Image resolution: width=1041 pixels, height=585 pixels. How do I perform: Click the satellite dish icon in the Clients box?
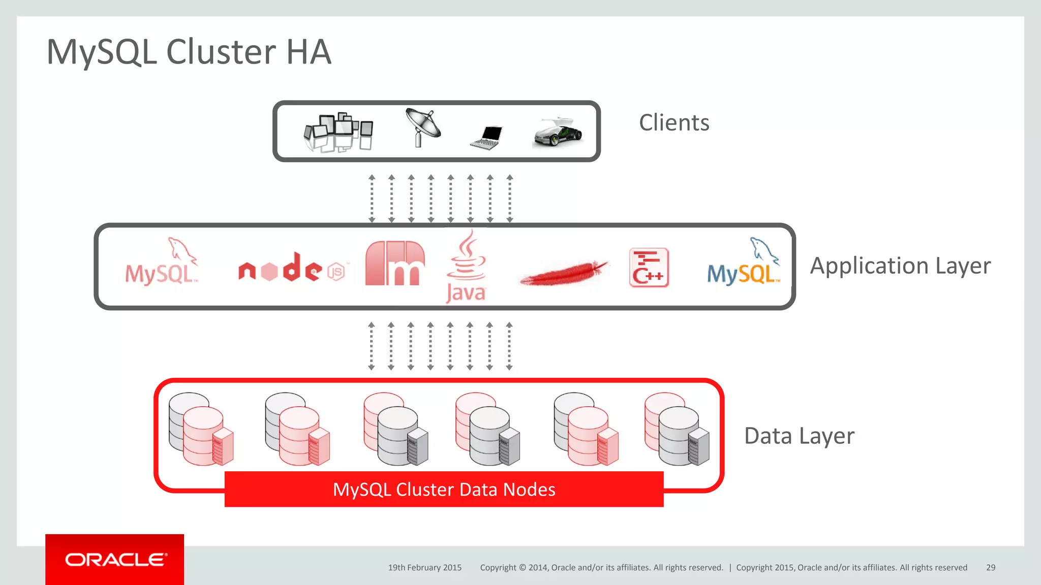tap(422, 127)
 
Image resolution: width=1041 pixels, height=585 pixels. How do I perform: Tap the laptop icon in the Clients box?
tap(487, 137)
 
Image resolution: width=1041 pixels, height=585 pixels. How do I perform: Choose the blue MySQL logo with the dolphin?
tap(743, 264)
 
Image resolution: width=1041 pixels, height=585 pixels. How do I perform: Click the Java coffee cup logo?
tap(466, 267)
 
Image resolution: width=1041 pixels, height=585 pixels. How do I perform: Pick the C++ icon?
tap(649, 268)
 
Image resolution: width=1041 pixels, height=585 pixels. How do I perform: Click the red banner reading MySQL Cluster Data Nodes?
tap(444, 489)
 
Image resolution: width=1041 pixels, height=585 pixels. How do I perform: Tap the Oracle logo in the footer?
tap(115, 560)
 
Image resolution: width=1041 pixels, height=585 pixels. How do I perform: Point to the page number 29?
tap(991, 567)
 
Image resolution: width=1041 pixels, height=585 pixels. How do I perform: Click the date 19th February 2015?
tap(425, 567)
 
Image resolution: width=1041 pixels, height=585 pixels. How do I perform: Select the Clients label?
tap(674, 123)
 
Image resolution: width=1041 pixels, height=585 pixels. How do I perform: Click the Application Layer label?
tap(900, 266)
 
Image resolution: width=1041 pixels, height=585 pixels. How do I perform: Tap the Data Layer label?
tap(799, 436)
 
